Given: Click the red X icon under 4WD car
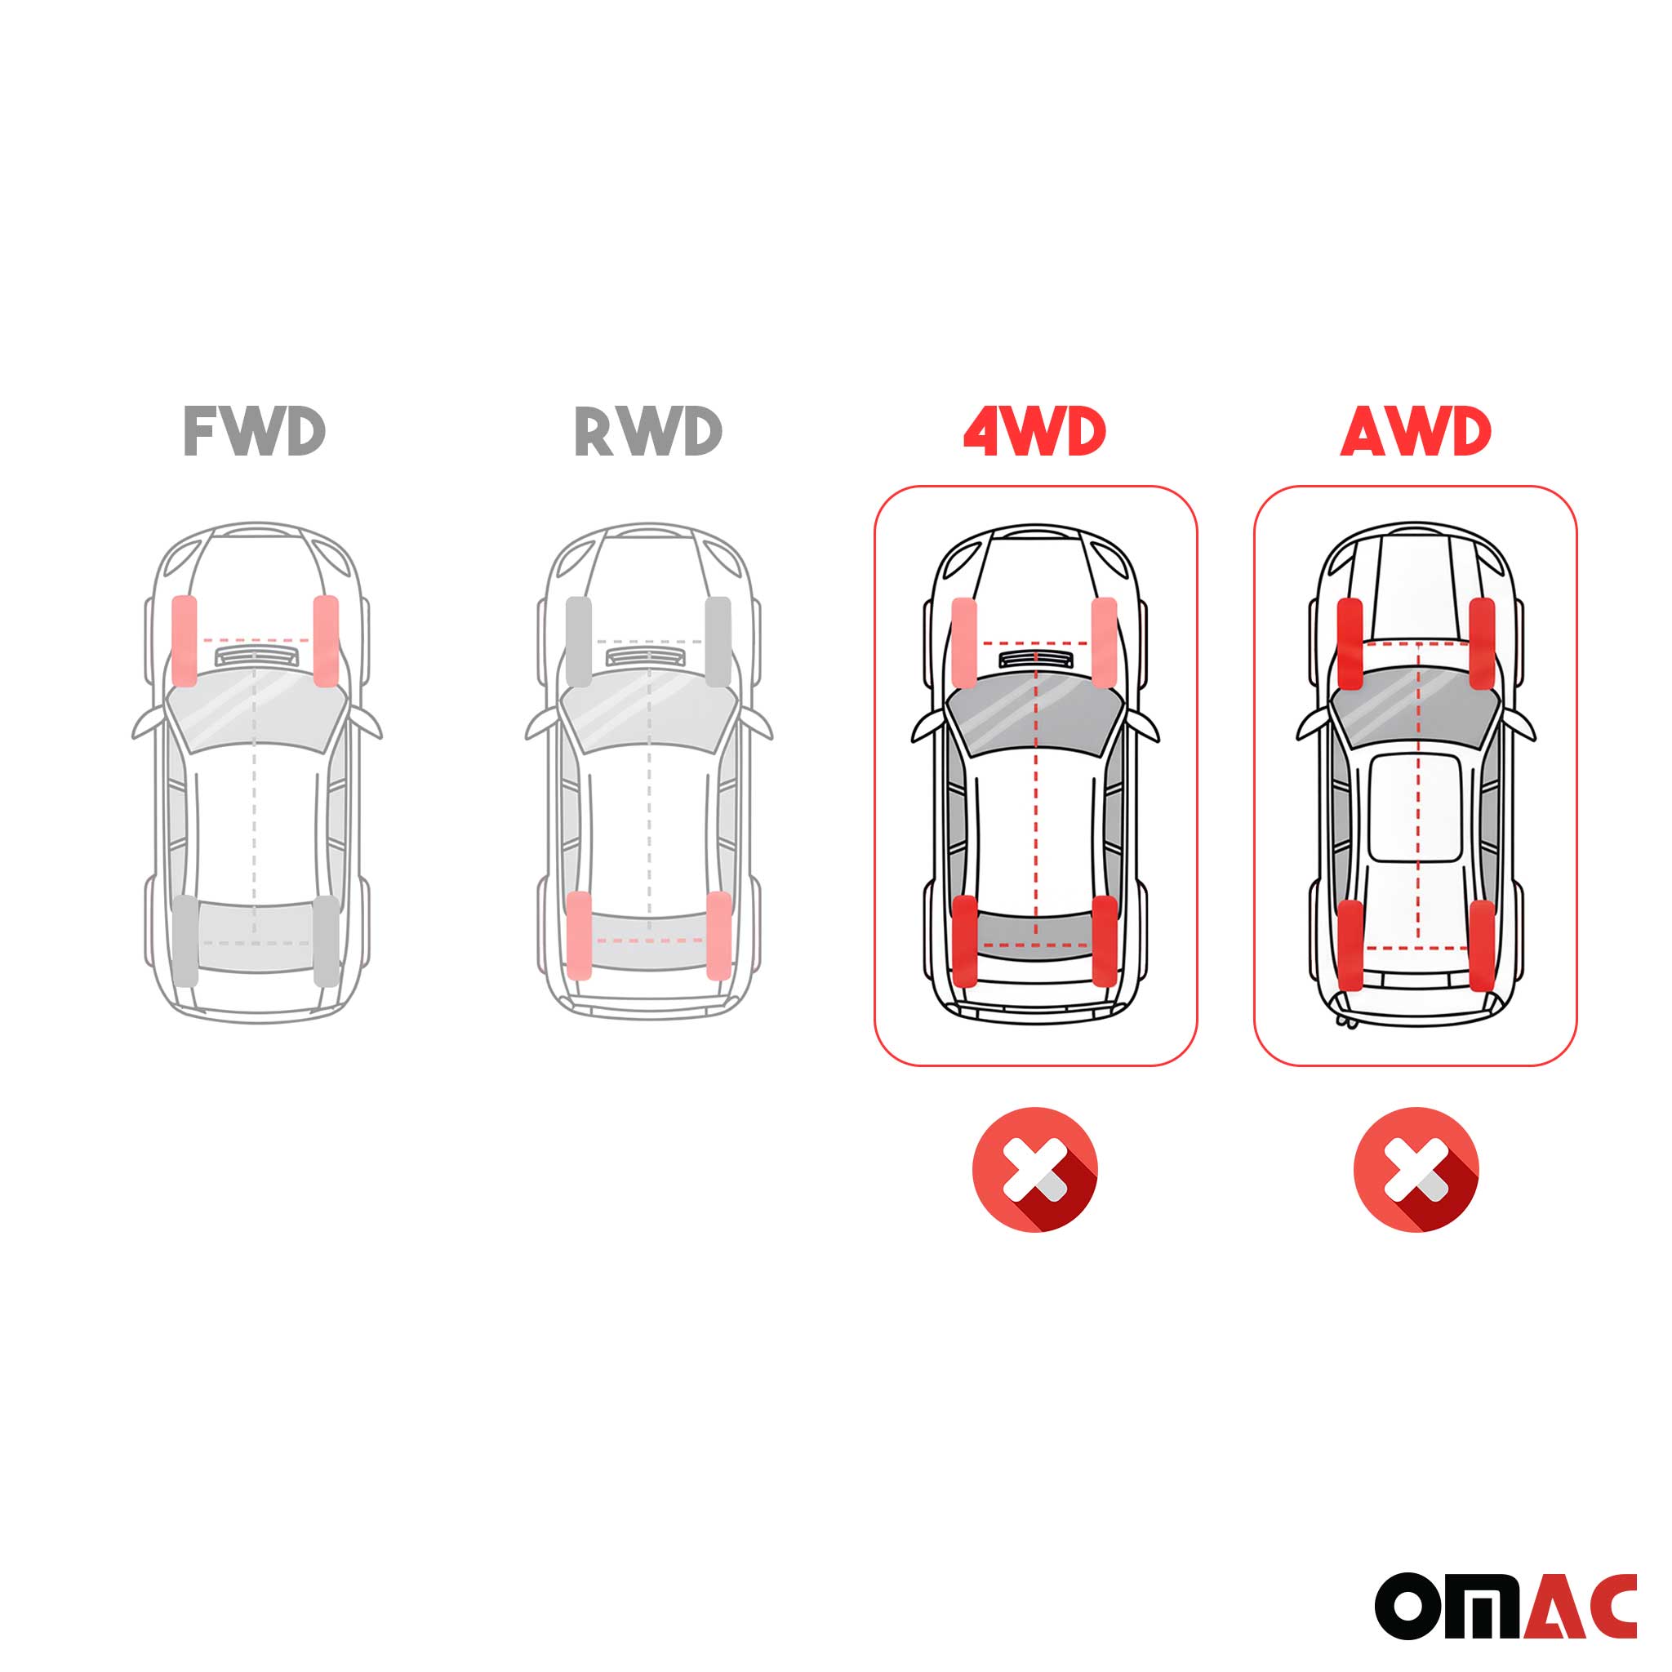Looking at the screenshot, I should click(1034, 1169).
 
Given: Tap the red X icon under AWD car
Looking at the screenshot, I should click(1416, 1169).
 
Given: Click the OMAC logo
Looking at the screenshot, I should click(1505, 1606).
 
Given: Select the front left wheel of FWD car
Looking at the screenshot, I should click(185, 640).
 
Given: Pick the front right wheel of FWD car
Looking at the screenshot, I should click(326, 640).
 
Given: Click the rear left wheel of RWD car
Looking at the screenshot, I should click(578, 936).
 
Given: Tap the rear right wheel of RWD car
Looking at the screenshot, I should click(718, 936).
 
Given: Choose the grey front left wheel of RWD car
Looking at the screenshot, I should click(578, 640).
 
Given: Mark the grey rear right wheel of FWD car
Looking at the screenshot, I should click(326, 940).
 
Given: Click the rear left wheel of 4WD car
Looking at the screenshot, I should click(964, 940).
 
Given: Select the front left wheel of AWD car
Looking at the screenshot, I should click(1350, 643).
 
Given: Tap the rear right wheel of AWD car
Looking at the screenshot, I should click(1482, 945).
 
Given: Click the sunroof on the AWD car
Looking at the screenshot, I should click(1415, 807).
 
